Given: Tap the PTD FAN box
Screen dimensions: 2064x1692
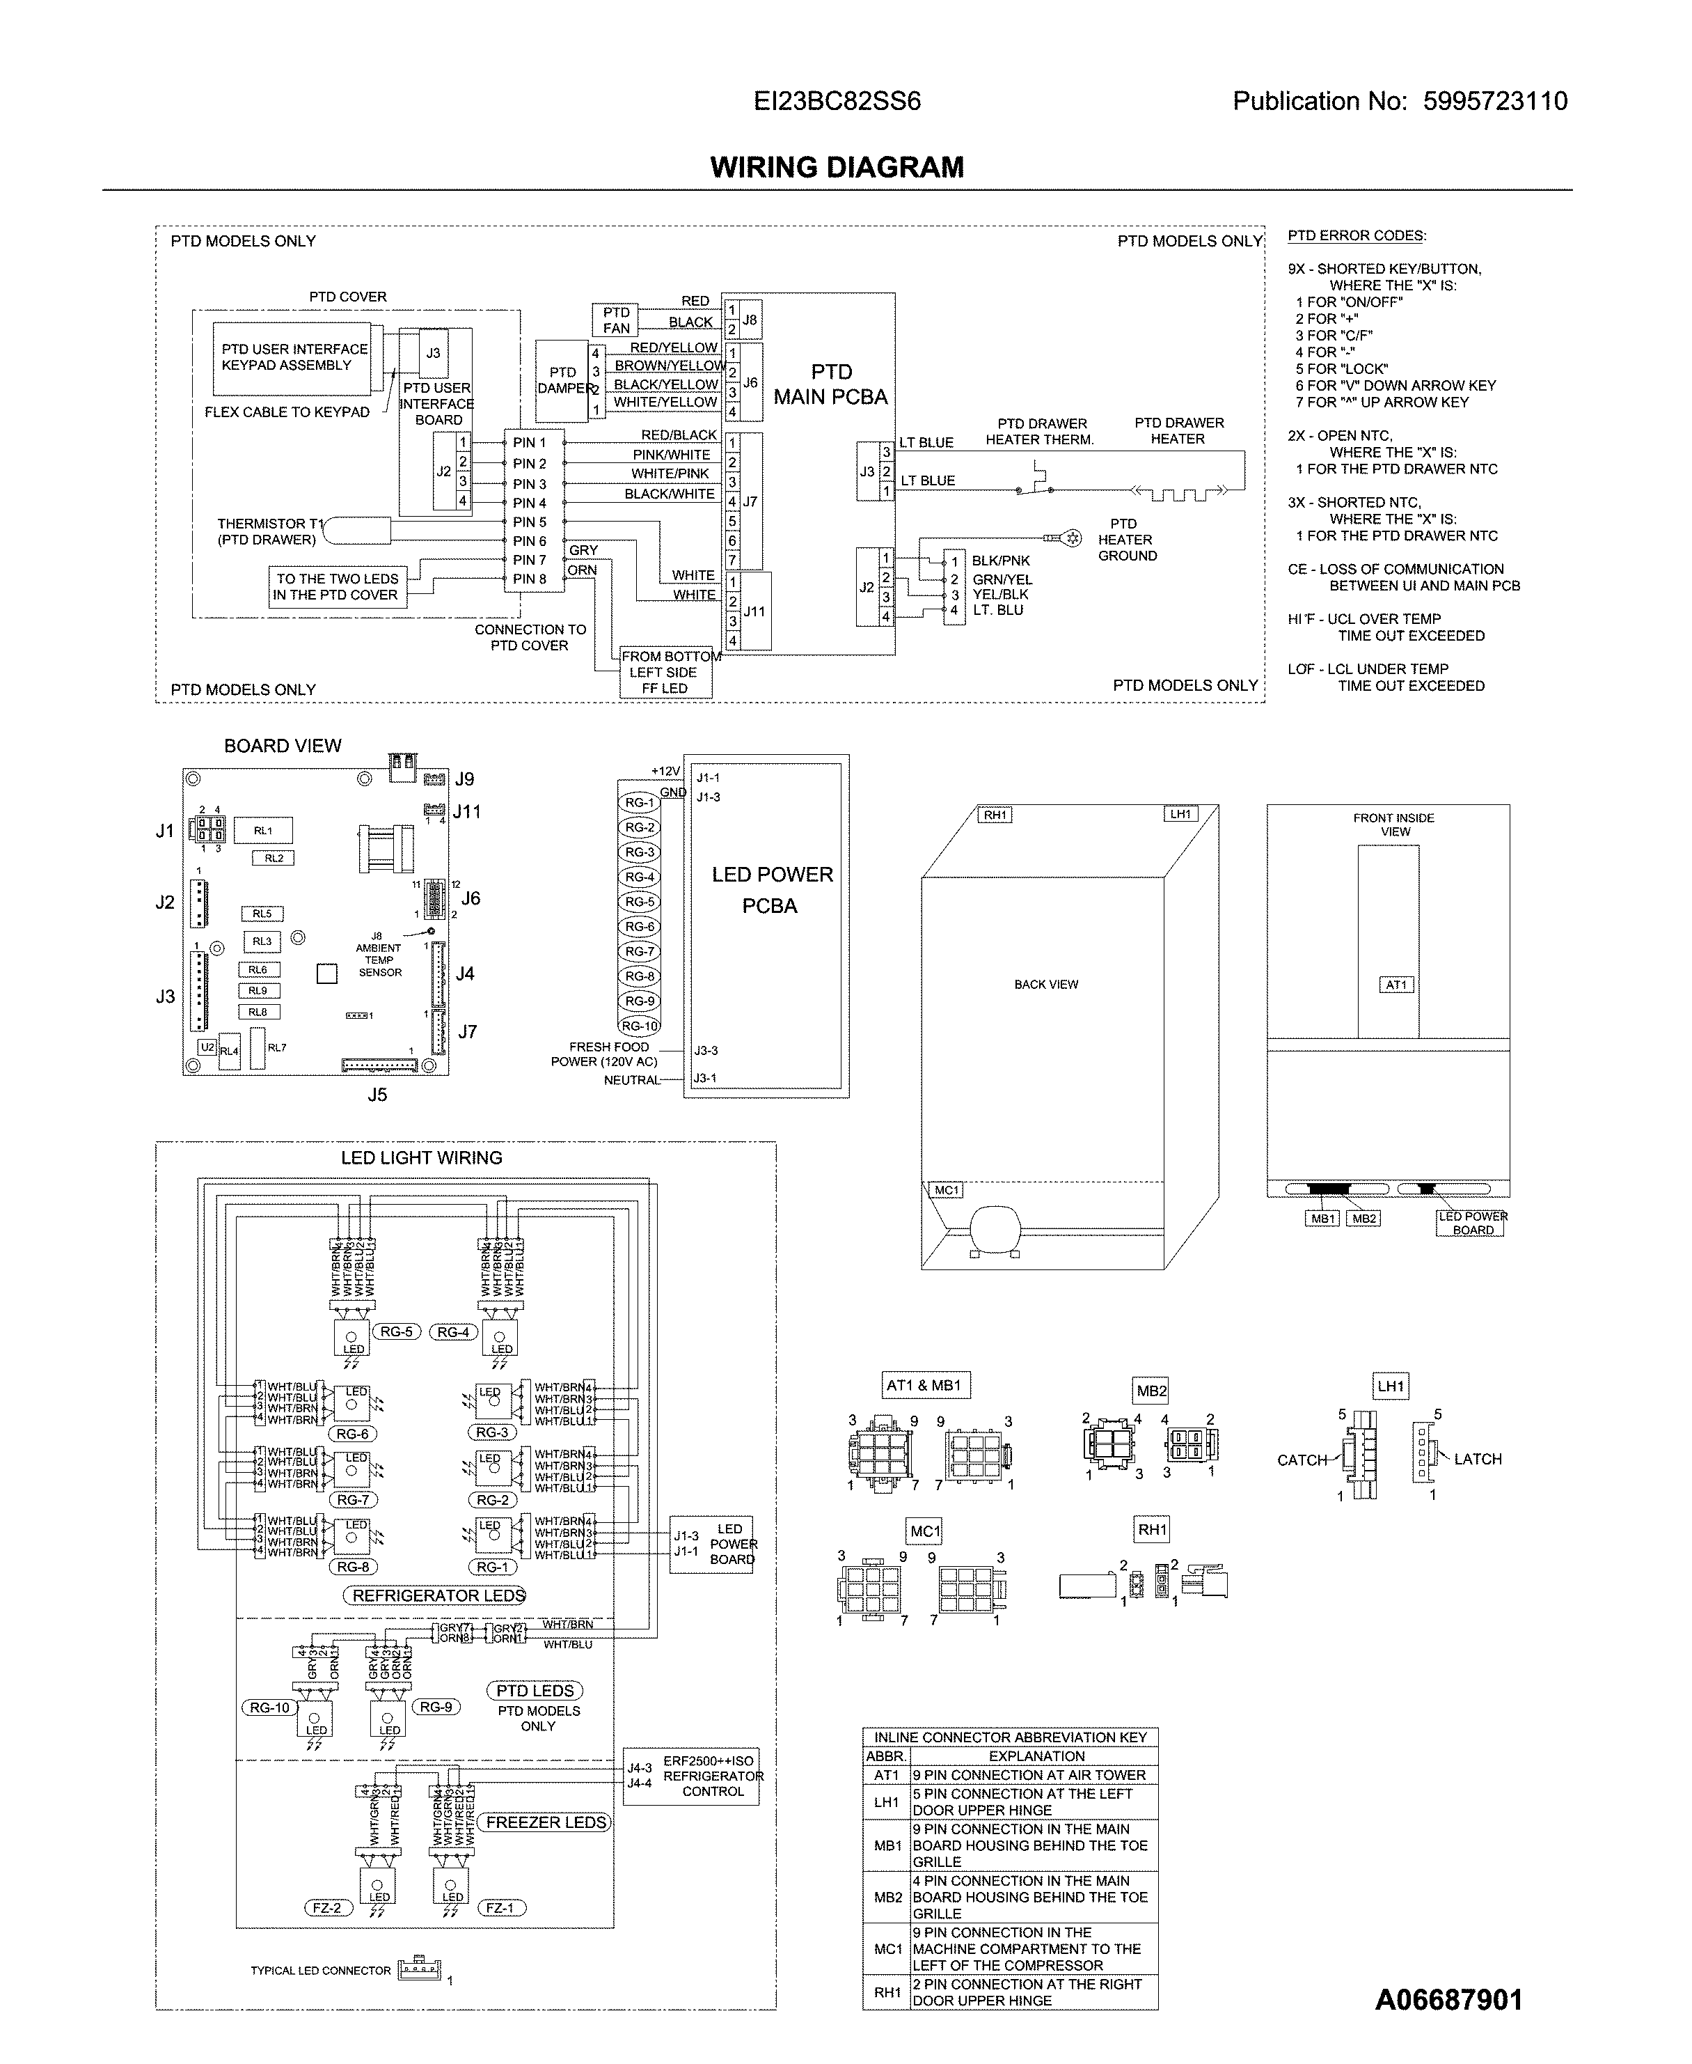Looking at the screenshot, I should click(615, 320).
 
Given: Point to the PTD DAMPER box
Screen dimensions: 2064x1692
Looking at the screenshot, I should click(563, 380).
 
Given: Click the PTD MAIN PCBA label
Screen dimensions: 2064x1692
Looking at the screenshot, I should click(830, 384).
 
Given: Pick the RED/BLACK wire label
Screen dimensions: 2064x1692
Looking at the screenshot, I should click(679, 435).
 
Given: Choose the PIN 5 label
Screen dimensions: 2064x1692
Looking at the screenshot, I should click(529, 522).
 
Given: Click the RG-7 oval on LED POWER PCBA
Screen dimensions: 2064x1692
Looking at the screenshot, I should click(640, 951).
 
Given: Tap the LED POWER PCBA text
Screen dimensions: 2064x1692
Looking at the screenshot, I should click(771, 889).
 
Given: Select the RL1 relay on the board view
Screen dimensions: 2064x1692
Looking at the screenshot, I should click(263, 831).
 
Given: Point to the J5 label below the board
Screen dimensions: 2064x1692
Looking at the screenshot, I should click(377, 1095).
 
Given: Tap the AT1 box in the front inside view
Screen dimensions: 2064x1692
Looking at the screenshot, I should click(1395, 985).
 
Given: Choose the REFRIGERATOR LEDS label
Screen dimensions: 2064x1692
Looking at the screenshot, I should click(438, 1595).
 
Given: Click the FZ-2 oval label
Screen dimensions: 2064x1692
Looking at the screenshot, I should click(326, 1908).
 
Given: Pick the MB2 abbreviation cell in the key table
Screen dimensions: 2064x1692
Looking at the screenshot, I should click(887, 1898).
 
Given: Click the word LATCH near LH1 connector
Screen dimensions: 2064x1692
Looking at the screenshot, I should click(1478, 1459).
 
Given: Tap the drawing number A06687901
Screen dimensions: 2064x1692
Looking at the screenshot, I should click(1448, 2001).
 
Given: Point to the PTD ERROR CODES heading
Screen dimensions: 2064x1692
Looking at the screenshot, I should click(1356, 236).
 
